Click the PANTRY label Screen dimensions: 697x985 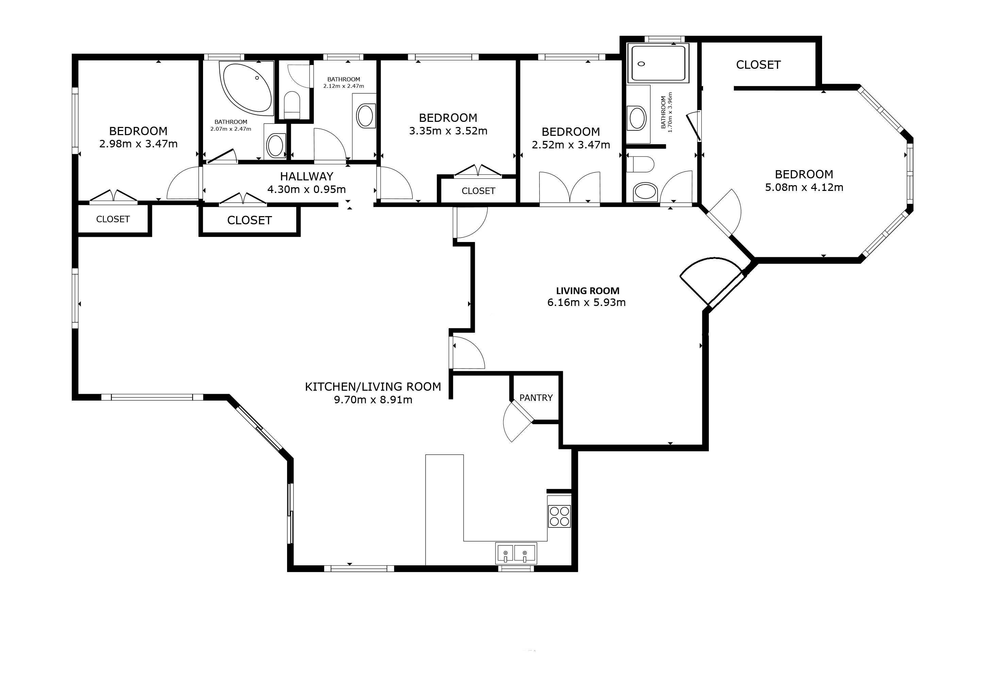pos(536,398)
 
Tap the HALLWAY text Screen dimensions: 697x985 pos(306,176)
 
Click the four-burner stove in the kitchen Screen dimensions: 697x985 pos(559,516)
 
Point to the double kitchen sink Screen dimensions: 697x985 pos(515,553)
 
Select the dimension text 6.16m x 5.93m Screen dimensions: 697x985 pos(586,303)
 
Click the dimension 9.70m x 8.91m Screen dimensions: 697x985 pos(373,400)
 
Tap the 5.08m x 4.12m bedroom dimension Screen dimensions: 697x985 pos(804,188)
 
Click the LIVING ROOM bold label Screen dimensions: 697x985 pos(587,291)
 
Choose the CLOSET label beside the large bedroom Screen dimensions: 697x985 pos(758,65)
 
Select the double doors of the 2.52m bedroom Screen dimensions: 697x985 pos(569,188)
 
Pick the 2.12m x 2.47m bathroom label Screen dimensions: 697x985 pos(343,83)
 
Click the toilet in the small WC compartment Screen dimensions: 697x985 pos(292,104)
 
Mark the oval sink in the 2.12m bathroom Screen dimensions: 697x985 pos(365,115)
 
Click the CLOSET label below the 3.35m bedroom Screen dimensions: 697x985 pos(478,191)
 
